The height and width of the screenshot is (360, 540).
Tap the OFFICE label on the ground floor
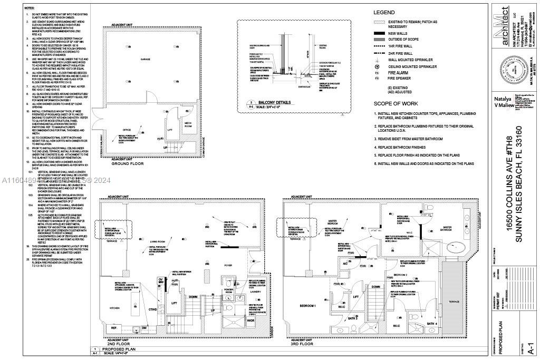click(x=127, y=130)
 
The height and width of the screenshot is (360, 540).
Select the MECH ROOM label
click(x=188, y=124)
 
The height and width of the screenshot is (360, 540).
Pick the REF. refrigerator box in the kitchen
click(x=113, y=328)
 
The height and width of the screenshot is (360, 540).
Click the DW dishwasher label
click(x=144, y=328)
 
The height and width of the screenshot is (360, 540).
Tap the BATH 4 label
click(x=431, y=324)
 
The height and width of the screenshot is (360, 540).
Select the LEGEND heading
click(x=383, y=12)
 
